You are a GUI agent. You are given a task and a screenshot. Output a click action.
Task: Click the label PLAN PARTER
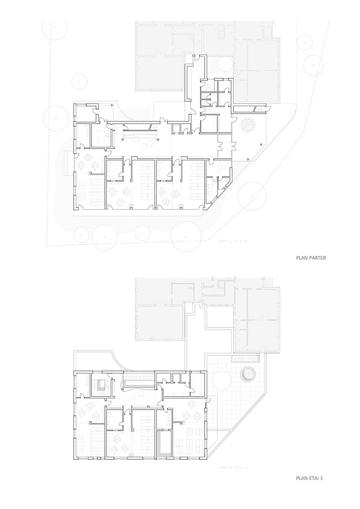pyautogui.click(x=311, y=258)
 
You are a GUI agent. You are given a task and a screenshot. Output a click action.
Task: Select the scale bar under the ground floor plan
pyautogui.click(x=234, y=242)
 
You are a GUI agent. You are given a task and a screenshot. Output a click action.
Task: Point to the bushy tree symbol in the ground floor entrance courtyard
pyautogui.click(x=248, y=125)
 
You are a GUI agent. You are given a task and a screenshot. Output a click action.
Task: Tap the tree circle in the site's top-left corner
pyautogui.click(x=55, y=27)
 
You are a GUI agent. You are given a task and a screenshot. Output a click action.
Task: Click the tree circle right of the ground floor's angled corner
pyautogui.click(x=252, y=196)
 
